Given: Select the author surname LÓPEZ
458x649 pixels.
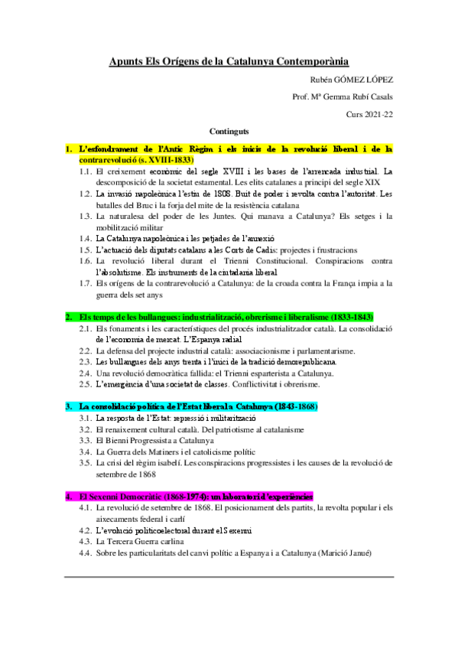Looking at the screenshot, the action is pyautogui.click(x=377, y=80).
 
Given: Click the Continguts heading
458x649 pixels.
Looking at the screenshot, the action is pyautogui.click(x=229, y=131).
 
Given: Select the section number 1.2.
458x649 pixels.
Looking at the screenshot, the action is pyautogui.click(x=86, y=194).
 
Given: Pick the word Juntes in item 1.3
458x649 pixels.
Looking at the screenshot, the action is pyautogui.click(x=245, y=217).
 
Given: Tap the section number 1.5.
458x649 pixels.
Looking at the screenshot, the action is pyautogui.click(x=86, y=249).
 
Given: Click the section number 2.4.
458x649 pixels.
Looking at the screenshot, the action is pyautogui.click(x=86, y=372).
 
